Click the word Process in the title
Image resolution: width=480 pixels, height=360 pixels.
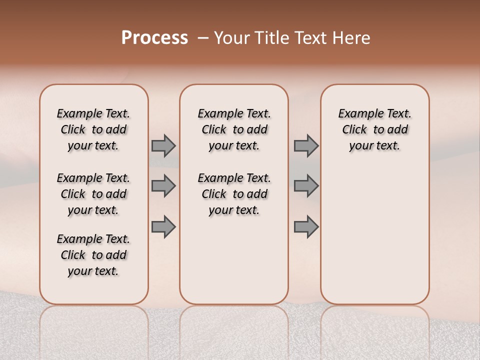tap(154, 38)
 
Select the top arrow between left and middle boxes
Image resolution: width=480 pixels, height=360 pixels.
tap(163, 146)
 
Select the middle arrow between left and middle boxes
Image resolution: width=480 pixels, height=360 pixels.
tap(163, 186)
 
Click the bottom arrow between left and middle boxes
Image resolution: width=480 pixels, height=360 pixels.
tap(163, 226)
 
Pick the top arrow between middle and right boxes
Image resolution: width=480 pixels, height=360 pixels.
tap(306, 146)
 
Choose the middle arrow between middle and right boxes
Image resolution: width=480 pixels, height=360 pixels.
tap(306, 186)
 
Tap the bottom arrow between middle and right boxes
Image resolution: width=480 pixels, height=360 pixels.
tap(306, 226)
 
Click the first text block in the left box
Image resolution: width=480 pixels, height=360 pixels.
tap(93, 129)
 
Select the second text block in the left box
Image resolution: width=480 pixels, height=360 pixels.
tap(93, 194)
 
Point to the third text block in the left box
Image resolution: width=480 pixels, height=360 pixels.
tap(93, 255)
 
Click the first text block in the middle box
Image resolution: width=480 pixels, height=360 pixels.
tap(234, 129)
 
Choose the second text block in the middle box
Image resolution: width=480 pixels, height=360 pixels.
tap(234, 194)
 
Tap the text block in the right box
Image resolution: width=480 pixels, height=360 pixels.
tap(374, 129)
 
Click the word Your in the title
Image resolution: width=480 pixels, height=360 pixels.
tap(231, 38)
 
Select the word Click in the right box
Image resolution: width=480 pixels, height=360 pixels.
tap(354, 130)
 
